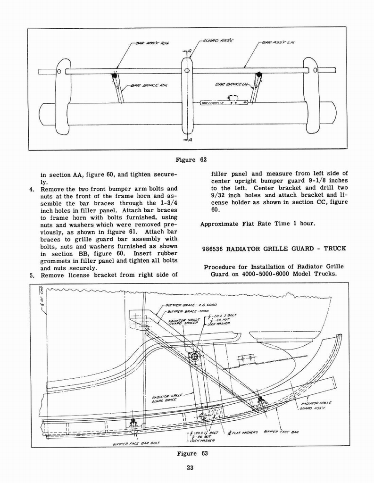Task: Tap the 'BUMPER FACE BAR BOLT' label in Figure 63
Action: [136, 443]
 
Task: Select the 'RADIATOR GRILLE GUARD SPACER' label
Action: [184, 323]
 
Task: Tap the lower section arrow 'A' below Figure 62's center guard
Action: [190, 140]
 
